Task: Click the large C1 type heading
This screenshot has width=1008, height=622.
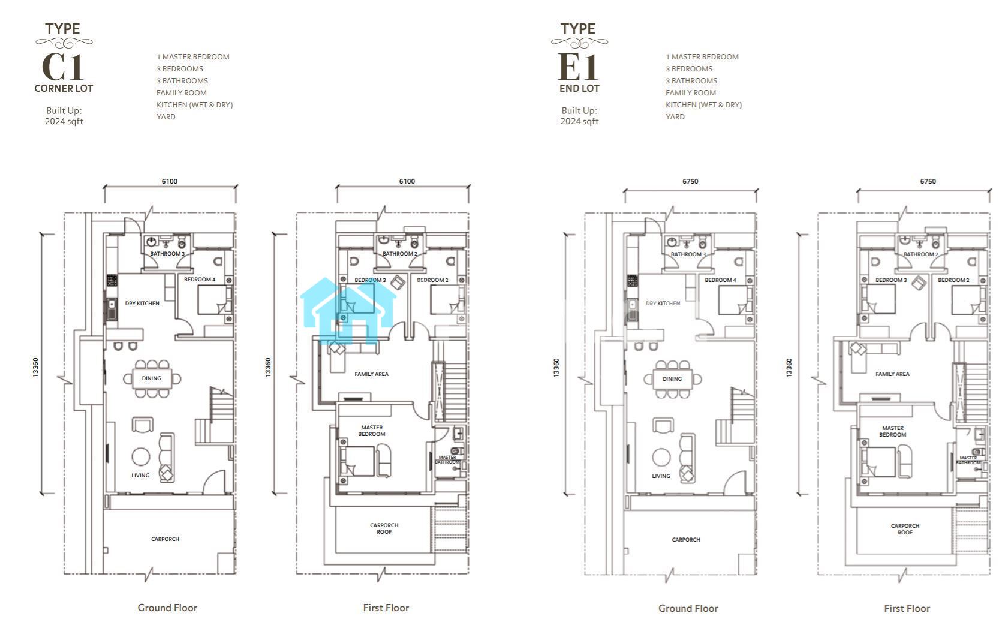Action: coord(62,67)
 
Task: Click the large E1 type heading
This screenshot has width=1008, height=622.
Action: coord(578,67)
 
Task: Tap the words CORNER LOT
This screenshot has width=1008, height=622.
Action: coord(64,88)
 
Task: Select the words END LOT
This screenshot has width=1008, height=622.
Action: coord(579,88)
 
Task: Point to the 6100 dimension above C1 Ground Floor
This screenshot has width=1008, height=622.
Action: coord(170,181)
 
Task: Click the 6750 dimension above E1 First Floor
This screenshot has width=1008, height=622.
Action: coord(928,181)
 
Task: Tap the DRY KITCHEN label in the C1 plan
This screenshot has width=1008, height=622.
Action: coord(142,304)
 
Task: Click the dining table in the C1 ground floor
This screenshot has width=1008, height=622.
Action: coord(152,378)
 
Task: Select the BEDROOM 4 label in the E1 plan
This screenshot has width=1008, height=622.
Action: coord(720,280)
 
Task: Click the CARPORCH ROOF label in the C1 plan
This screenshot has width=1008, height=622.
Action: coord(384,528)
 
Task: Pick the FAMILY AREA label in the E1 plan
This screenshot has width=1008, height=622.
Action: coord(892,374)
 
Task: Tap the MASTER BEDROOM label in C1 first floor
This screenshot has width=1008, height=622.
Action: coord(372,431)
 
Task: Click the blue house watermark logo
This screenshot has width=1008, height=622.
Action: coord(348,311)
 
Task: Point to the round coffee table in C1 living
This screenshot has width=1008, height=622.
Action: coord(141,457)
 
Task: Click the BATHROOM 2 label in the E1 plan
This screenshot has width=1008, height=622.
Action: coord(920,254)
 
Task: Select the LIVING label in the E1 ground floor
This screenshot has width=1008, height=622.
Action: coord(661,476)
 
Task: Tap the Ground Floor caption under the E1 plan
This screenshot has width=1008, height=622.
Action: coord(688,608)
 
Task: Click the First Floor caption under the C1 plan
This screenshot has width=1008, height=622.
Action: coord(386,608)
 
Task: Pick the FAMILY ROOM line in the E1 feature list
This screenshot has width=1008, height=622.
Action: coord(691,93)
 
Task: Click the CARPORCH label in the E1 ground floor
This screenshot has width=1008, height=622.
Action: coord(686,540)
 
